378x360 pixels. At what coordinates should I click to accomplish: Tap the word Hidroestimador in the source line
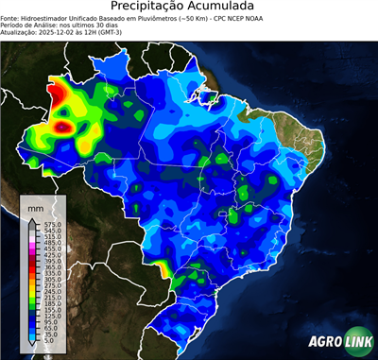(53, 19)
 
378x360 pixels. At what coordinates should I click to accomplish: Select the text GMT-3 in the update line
(129, 34)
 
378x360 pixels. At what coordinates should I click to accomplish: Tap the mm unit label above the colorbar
(36, 205)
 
